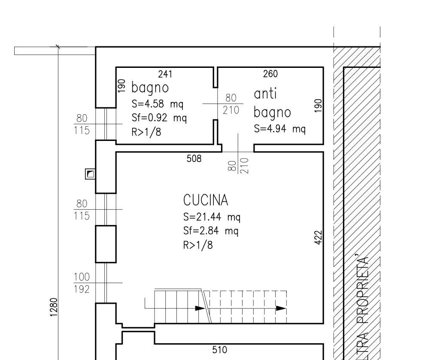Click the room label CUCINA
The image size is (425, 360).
tap(206, 200)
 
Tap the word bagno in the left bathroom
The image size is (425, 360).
tap(150, 88)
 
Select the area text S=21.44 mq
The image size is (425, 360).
tap(212, 217)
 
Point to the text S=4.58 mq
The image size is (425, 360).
tap(158, 104)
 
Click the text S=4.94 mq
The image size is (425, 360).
tap(280, 128)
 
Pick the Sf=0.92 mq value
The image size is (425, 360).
tap(159, 118)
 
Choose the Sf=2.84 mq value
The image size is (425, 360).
tap(211, 231)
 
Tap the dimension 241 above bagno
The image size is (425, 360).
tap(165, 74)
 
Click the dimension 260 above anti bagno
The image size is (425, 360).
tap(270, 74)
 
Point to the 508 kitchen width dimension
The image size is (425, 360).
tap(194, 159)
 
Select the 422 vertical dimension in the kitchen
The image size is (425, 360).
tap(319, 238)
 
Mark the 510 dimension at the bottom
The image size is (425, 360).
tap(219, 350)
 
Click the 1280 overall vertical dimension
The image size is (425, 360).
tap(54, 307)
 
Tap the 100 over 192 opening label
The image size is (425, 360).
tap(82, 283)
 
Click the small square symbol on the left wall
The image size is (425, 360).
tap(90, 174)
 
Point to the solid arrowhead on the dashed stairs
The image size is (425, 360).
tap(281, 308)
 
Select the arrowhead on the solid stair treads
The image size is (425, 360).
tap(200, 308)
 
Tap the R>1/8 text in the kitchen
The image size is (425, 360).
tap(198, 245)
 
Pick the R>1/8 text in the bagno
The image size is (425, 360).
tap(146, 132)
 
